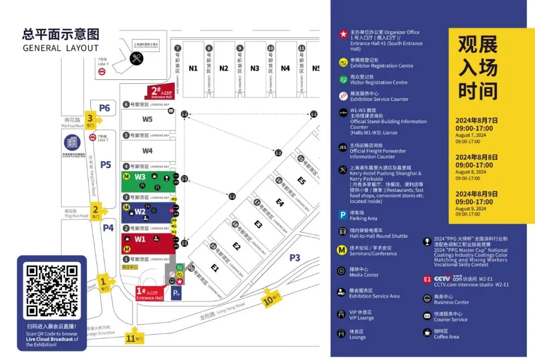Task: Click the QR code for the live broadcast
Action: pos(52,291)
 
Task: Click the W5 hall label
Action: pos(148,119)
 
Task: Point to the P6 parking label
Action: pos(104,108)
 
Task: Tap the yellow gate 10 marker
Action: pos(272,298)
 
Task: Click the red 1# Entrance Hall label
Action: pos(149,293)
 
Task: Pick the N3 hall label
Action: pos(255,68)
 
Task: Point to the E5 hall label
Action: pos(302,181)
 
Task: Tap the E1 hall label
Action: pos(214,268)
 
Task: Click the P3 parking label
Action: pos(295,257)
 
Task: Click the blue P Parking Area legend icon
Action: pos(342,215)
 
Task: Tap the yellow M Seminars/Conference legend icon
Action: pos(342,250)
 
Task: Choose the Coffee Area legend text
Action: pos(446,337)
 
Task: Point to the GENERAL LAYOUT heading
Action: pos(60,48)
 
